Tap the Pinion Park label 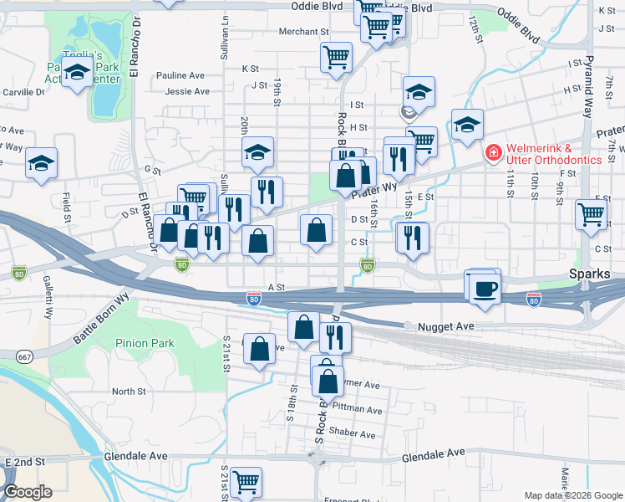(145, 343)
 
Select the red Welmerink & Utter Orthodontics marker (493, 153)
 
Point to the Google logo (27, 492)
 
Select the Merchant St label (303, 32)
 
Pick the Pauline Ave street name (180, 75)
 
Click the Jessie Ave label (187, 91)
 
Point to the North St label (129, 391)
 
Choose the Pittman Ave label (357, 411)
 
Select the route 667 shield (24, 356)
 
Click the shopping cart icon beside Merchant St (336, 58)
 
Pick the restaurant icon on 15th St (412, 238)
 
